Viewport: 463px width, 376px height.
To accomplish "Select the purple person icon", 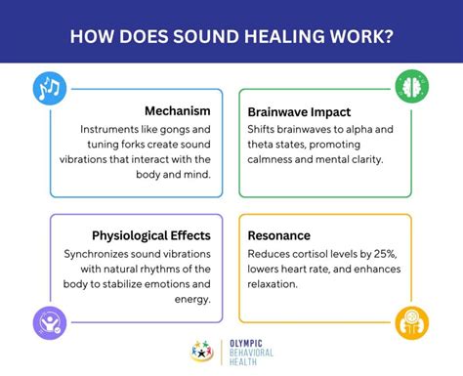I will [49, 320].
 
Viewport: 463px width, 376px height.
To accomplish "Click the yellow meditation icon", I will [411, 320].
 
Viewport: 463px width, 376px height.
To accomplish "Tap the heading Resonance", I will [279, 235].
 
